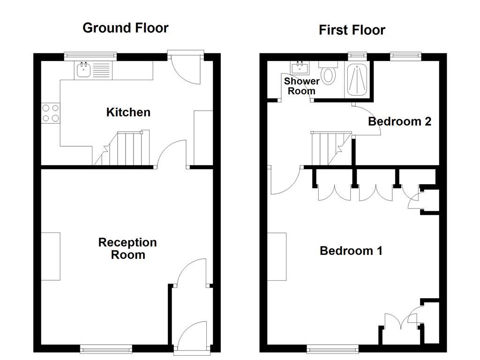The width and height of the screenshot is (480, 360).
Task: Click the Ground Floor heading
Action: pos(125,28)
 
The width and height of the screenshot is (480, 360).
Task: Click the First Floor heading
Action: pos(352,30)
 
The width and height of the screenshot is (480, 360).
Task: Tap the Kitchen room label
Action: pos(128,112)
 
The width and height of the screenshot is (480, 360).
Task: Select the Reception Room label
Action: pos(127,248)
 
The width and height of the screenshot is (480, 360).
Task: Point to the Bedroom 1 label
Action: pos(351,251)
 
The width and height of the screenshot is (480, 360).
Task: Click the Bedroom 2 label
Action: pos(399,121)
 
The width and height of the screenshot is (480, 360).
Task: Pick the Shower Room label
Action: pos(301,86)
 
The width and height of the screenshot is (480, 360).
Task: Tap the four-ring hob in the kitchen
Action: pos(51,113)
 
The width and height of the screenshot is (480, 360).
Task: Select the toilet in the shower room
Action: pos(329,74)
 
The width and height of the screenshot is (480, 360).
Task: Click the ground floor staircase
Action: pos(123,149)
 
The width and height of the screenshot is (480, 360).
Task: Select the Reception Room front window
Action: pos(106,348)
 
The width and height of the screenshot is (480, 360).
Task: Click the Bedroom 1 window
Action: pos(332,348)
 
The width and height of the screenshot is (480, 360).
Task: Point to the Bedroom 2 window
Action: pos(405,57)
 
